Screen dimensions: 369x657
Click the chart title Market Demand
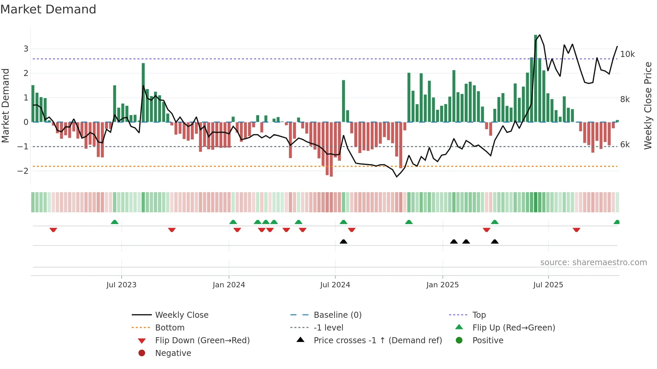tap(48, 9)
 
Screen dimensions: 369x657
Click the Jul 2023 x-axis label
tap(121, 285)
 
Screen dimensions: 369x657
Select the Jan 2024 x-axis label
tap(229, 285)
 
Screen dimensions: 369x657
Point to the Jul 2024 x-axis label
tap(335, 285)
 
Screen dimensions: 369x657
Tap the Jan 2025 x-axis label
tap(442, 285)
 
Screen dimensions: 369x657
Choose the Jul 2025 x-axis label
tap(548, 285)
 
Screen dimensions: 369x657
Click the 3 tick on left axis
tap(26, 49)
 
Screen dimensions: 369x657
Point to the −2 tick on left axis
tap(23, 171)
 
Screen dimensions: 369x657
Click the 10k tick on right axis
tap(627, 54)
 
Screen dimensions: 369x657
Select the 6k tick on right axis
tap(625, 145)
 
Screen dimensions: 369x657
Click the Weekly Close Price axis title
tap(648, 105)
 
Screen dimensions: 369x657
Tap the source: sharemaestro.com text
tap(593, 263)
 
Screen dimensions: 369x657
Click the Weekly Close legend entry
tap(181, 315)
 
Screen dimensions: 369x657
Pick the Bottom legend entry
tap(170, 328)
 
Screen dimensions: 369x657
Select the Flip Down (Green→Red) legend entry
tap(202, 341)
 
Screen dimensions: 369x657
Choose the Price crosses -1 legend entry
tap(377, 341)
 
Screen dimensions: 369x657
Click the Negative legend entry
tap(173, 353)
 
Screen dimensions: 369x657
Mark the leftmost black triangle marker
tap(343, 241)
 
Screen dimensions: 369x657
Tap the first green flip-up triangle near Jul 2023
tap(115, 222)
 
